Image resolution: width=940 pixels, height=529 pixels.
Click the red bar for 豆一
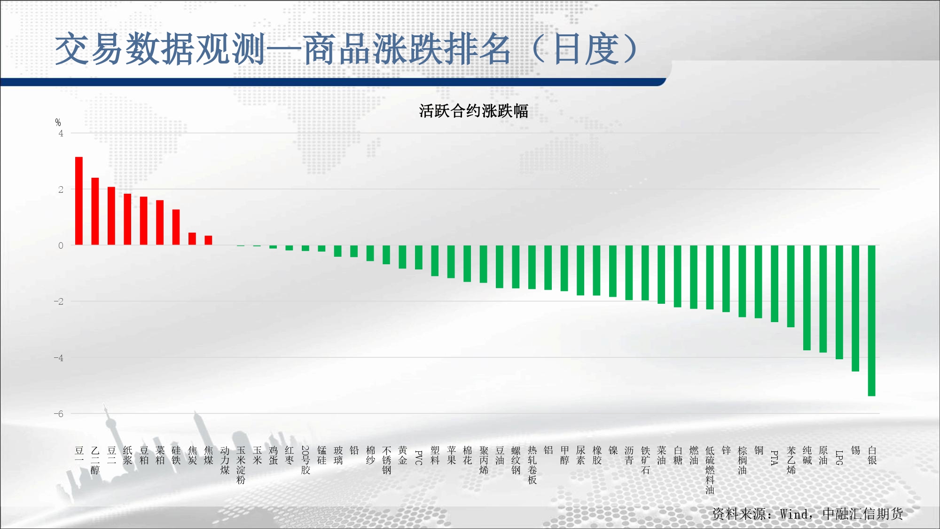[x=79, y=201]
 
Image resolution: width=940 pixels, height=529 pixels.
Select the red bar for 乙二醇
[x=95, y=211]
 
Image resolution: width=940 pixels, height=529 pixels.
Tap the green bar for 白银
[x=871, y=321]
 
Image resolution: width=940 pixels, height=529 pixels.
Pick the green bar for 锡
[x=855, y=308]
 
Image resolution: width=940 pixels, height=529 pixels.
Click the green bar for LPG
[x=839, y=302]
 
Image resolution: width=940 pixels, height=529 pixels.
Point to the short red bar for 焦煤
[x=208, y=240]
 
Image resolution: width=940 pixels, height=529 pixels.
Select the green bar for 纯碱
[x=807, y=298]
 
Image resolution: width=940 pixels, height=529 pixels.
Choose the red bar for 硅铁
[x=176, y=227]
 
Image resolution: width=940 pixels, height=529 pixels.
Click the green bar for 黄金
[x=402, y=257]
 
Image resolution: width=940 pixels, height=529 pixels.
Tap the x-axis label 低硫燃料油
[x=710, y=470]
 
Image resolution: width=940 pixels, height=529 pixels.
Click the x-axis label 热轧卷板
[x=532, y=466]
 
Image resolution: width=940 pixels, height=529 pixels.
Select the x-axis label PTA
[x=775, y=458]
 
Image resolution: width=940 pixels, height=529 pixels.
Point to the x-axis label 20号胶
[x=305, y=460]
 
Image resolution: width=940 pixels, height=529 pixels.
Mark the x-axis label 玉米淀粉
[x=241, y=466]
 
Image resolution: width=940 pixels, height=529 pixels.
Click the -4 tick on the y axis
[x=59, y=358]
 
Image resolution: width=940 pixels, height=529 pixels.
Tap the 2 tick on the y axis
[x=61, y=189]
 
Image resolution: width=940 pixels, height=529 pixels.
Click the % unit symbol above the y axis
[x=58, y=123]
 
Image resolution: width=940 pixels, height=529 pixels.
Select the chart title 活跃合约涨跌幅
[x=474, y=111]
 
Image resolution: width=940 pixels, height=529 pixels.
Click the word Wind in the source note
[x=794, y=514]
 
